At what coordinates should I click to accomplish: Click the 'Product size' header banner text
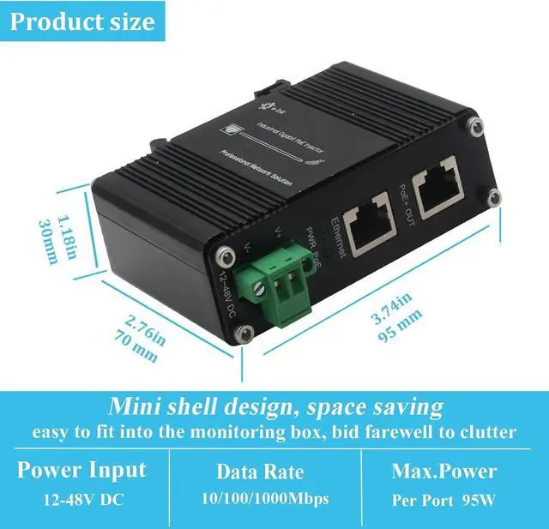pos(81,21)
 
